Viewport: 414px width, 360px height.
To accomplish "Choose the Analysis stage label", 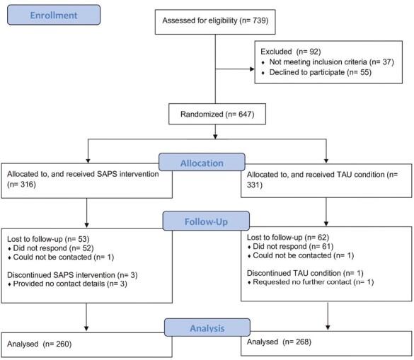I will (x=207, y=327).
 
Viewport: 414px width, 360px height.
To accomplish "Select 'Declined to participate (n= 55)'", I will (x=315, y=73).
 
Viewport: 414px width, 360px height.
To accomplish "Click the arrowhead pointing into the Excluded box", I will (x=253, y=69).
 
